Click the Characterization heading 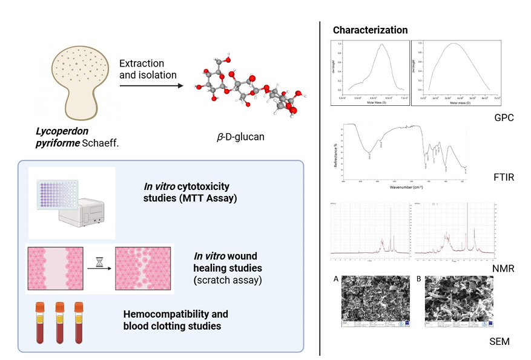pyautogui.click(x=370, y=30)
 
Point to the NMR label pyautogui.click(x=504, y=267)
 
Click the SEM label pyautogui.click(x=500, y=342)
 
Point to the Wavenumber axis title pyautogui.click(x=404, y=188)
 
